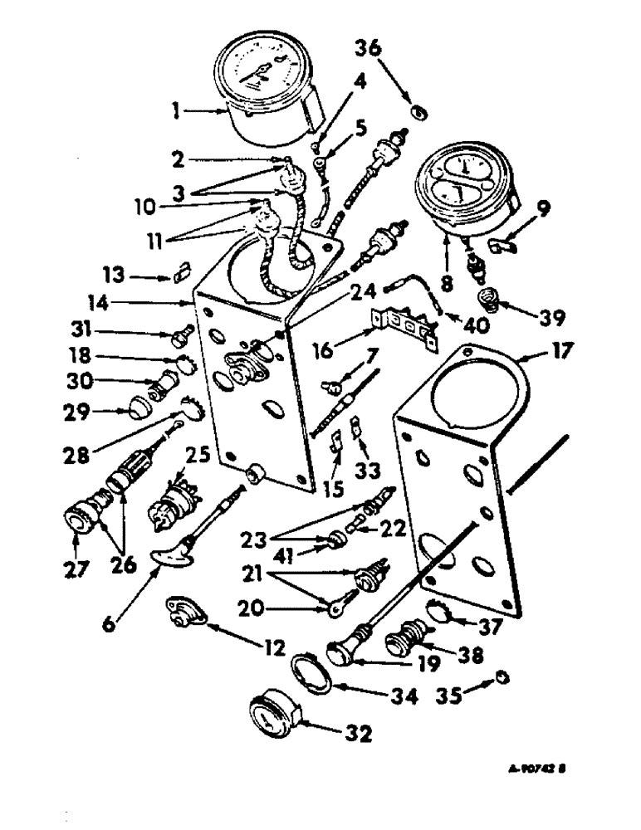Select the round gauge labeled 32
(x=271, y=715)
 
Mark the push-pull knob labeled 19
(x=343, y=653)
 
